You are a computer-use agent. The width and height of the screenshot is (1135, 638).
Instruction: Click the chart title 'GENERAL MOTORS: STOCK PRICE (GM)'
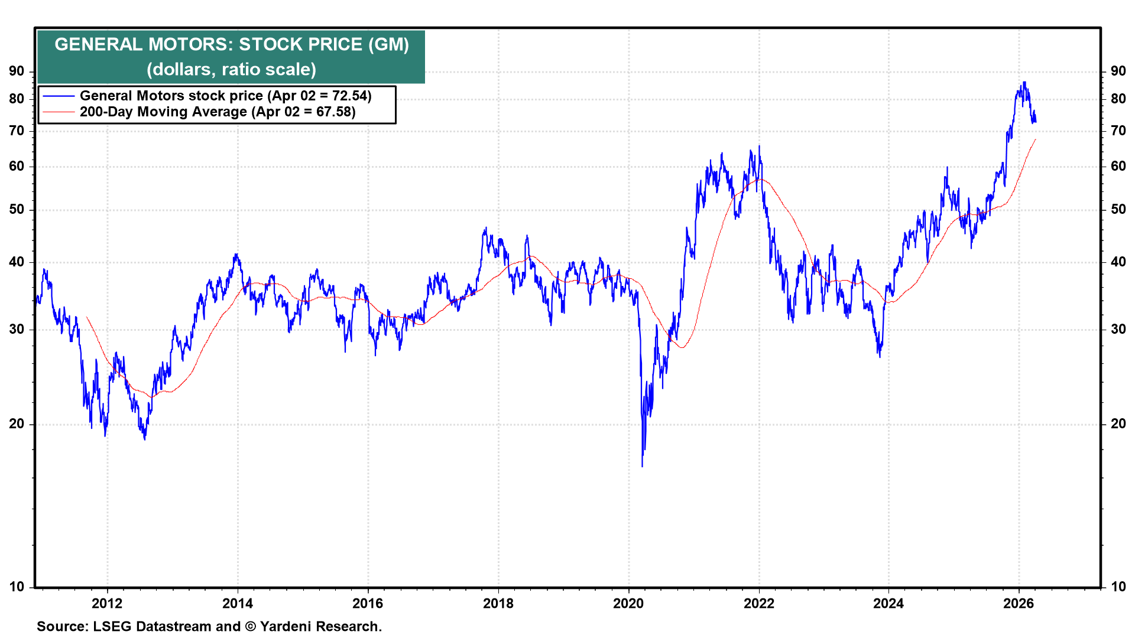(x=232, y=44)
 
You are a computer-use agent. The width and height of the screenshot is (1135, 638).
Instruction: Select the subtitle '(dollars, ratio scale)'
(x=232, y=70)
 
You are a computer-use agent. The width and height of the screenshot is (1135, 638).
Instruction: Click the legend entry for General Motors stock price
(x=225, y=96)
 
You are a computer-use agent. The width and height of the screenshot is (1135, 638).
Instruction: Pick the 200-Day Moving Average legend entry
(x=218, y=112)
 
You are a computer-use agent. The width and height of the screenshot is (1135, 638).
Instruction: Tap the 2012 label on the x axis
(x=107, y=603)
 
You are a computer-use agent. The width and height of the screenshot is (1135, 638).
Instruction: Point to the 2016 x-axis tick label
(x=368, y=603)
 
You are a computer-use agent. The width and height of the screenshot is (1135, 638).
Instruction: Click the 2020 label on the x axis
(x=628, y=603)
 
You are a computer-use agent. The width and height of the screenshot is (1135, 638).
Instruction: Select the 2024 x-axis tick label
(x=888, y=603)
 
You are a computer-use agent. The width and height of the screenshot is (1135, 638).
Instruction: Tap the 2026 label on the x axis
(x=1019, y=603)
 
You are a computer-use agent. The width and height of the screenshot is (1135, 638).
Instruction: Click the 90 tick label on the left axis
(x=17, y=71)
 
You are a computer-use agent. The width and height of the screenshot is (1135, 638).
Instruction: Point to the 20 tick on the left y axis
(x=17, y=424)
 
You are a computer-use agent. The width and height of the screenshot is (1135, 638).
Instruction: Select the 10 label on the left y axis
(x=17, y=587)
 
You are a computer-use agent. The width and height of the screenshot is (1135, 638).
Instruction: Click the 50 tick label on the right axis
(x=1118, y=210)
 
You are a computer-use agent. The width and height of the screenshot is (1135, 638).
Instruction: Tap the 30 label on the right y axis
(x=1118, y=329)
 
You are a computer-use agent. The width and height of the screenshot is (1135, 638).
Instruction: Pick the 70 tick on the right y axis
(x=1118, y=131)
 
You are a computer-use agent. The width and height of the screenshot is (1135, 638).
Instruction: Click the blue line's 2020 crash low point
(x=642, y=467)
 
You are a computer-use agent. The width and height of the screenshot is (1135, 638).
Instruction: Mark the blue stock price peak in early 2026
(x=1024, y=83)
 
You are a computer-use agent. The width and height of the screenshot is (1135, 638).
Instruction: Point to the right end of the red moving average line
(x=1036, y=139)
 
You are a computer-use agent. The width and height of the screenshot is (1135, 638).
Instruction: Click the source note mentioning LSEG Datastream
(x=209, y=626)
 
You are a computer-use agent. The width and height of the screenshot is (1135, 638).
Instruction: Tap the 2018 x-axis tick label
(x=498, y=603)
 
